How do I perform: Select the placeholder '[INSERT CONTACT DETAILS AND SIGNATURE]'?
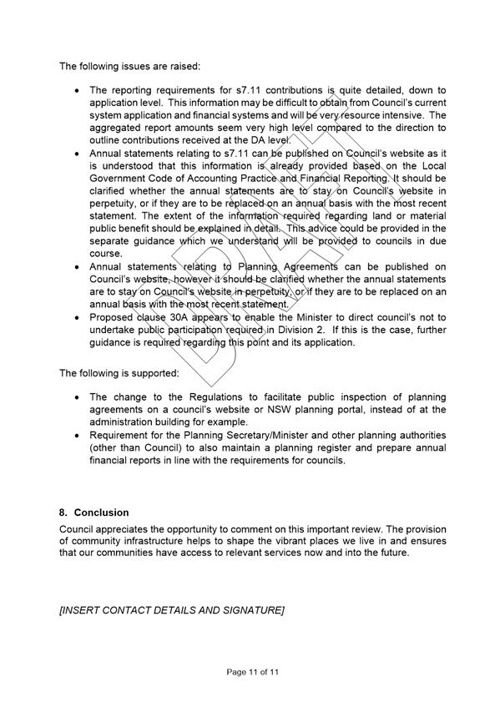(172, 611)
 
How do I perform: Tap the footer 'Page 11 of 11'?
(250, 671)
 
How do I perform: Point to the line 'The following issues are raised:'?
(129, 65)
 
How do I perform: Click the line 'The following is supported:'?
(119, 372)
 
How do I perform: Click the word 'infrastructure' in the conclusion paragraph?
(146, 541)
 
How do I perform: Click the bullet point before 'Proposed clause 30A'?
(78, 318)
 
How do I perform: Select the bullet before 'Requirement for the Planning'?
(78, 436)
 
